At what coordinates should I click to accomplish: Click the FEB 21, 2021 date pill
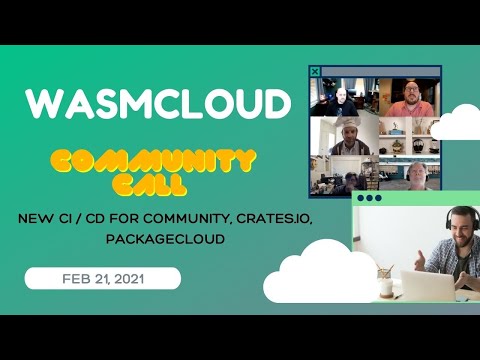102,278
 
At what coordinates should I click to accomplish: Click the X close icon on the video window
316,71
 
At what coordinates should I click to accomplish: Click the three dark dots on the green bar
369,198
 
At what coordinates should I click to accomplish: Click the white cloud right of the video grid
455,122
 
